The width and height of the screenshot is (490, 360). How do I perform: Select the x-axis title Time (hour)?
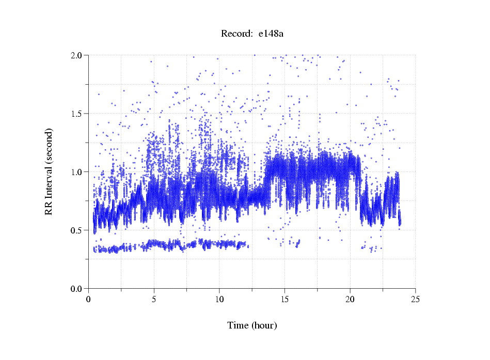[x=252, y=325]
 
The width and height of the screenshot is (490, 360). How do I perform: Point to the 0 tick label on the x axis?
[x=88, y=299]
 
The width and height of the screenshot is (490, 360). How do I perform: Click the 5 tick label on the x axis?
[x=154, y=299]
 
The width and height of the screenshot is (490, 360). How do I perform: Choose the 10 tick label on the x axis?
[x=219, y=299]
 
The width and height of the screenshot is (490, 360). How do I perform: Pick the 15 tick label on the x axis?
[x=284, y=299]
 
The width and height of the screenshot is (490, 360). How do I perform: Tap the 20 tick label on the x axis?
[x=350, y=299]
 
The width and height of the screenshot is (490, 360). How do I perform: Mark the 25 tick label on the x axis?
[x=416, y=299]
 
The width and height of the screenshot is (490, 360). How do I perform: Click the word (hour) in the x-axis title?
[x=263, y=325]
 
